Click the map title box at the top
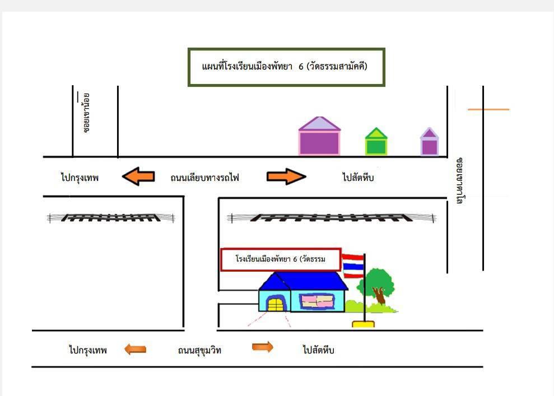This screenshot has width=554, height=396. (x=286, y=67)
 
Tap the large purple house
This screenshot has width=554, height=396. (x=319, y=136)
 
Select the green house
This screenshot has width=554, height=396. (x=376, y=141)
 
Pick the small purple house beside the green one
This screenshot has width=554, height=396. (x=429, y=142)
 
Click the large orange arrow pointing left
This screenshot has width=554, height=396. (x=138, y=176)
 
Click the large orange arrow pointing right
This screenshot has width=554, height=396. (x=286, y=176)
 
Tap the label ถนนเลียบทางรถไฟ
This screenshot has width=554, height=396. (x=204, y=178)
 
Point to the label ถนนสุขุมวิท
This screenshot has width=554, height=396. (x=199, y=350)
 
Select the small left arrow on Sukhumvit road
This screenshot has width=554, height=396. (x=136, y=350)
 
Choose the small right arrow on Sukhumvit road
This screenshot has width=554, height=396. (x=263, y=347)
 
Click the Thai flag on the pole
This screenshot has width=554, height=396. (x=353, y=266)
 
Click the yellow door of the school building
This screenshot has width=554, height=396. (x=276, y=304)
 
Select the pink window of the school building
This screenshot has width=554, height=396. (x=317, y=301)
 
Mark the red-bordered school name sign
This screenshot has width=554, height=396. (x=281, y=260)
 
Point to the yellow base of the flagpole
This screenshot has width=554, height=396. (x=363, y=324)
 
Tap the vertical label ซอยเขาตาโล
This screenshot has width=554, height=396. (x=460, y=180)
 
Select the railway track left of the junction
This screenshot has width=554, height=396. (x=110, y=218)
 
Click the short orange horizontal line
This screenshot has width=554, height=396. (x=488, y=110)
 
